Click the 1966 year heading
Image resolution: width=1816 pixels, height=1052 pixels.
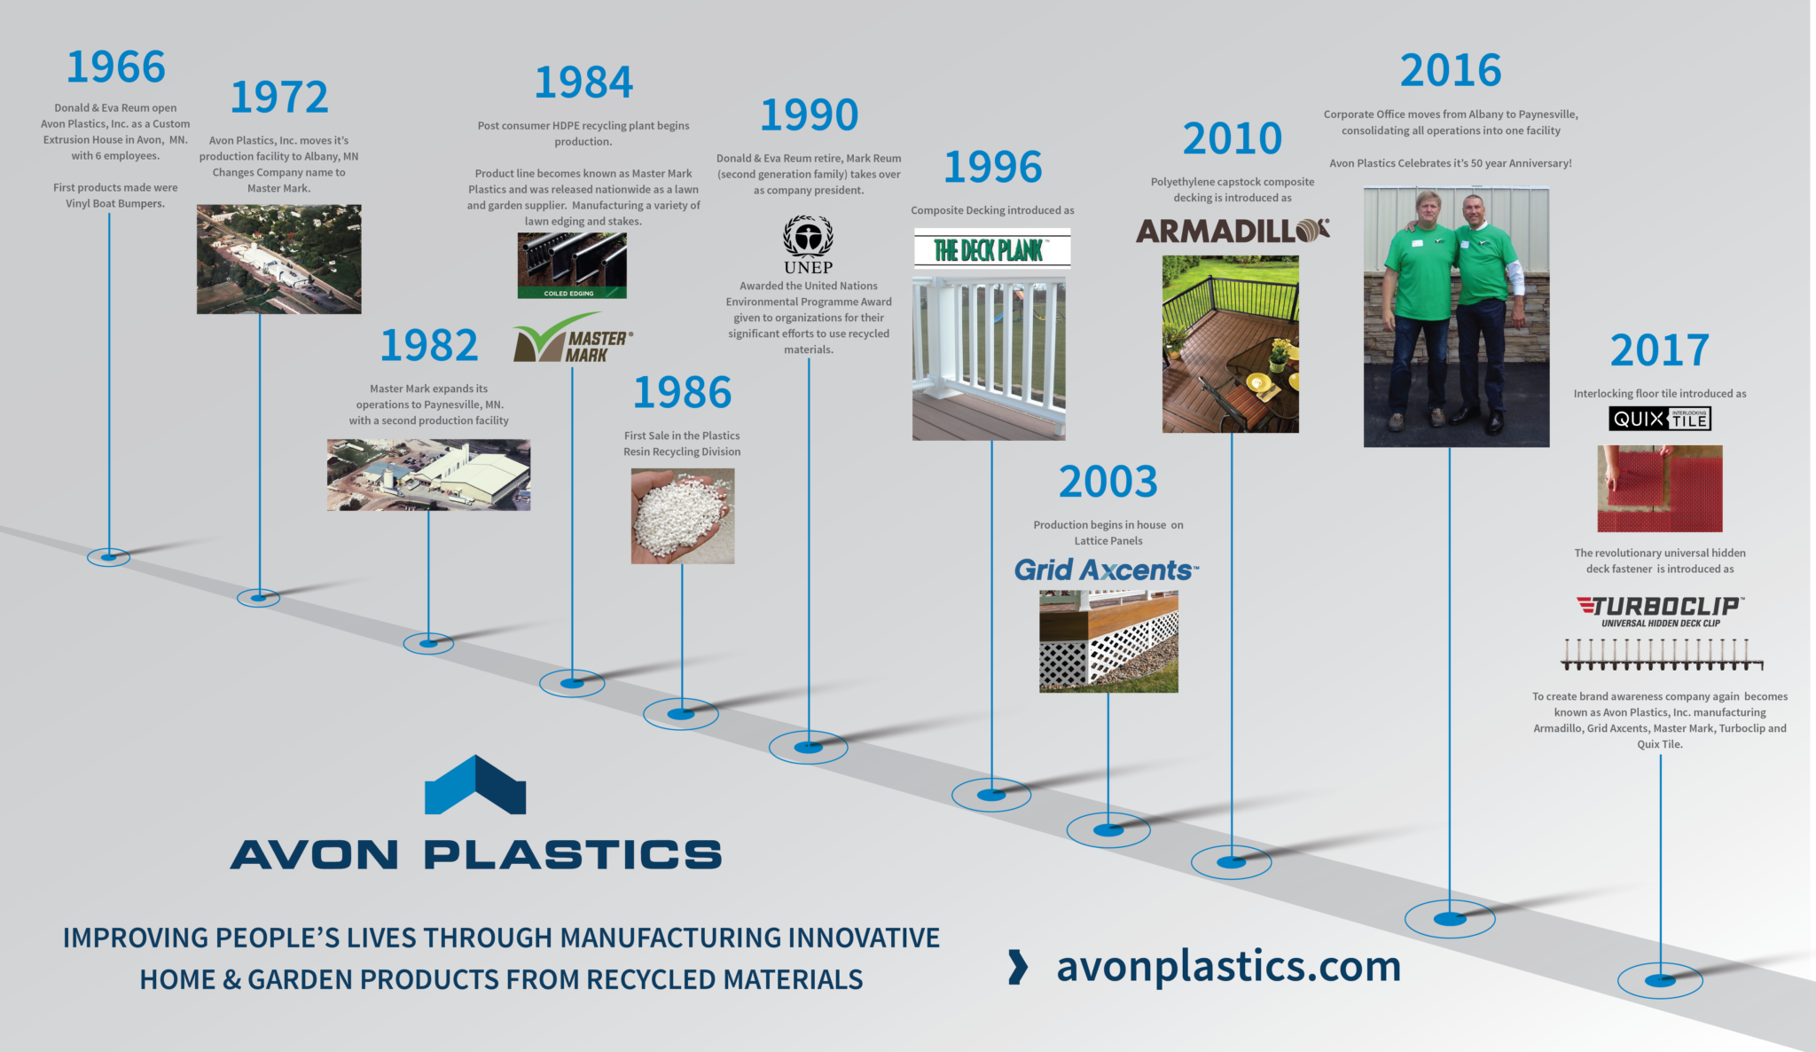coord(116,67)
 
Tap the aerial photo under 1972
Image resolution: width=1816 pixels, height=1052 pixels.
coord(278,259)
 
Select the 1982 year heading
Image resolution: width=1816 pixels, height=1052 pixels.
coord(429,345)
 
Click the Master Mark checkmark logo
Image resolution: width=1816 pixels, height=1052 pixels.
coord(572,339)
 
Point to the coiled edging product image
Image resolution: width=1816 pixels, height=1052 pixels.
coord(572,264)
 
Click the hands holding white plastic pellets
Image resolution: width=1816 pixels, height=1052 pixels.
coord(682,516)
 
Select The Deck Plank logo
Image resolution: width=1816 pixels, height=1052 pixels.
coord(991,249)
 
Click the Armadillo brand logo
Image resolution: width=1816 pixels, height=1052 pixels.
coord(1233,231)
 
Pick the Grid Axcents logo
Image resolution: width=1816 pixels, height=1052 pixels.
coord(1106,569)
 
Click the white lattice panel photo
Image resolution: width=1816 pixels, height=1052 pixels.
coord(1108,641)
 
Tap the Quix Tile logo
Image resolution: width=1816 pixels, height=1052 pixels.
coord(1659,419)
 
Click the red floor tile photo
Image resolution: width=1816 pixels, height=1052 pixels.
coord(1659,489)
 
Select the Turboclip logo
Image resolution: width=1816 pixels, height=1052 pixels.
coord(1660,608)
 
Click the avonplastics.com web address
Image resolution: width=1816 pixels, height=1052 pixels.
coord(1228,966)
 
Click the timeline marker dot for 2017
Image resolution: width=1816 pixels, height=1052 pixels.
coord(1660,980)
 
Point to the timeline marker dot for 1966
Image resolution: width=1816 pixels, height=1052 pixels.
coord(108,557)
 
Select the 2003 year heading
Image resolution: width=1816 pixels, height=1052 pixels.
coord(1108,482)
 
